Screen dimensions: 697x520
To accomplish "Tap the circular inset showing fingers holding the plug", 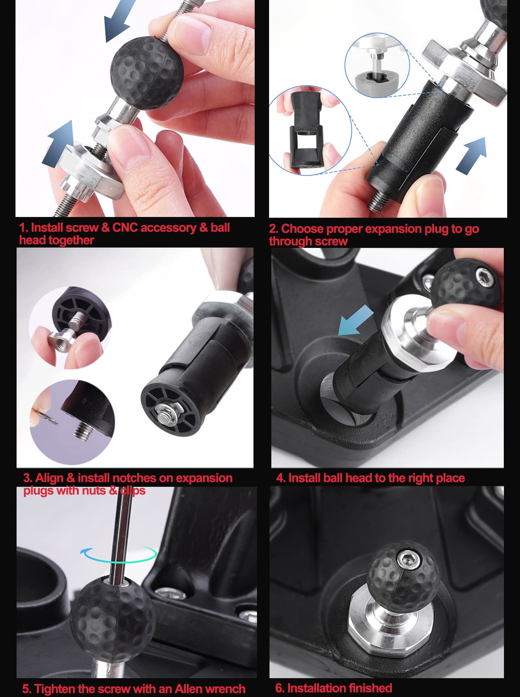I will tap(310, 130).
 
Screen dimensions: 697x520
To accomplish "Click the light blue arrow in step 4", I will tap(355, 320).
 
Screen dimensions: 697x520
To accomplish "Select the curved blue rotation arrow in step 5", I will tap(118, 554).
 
